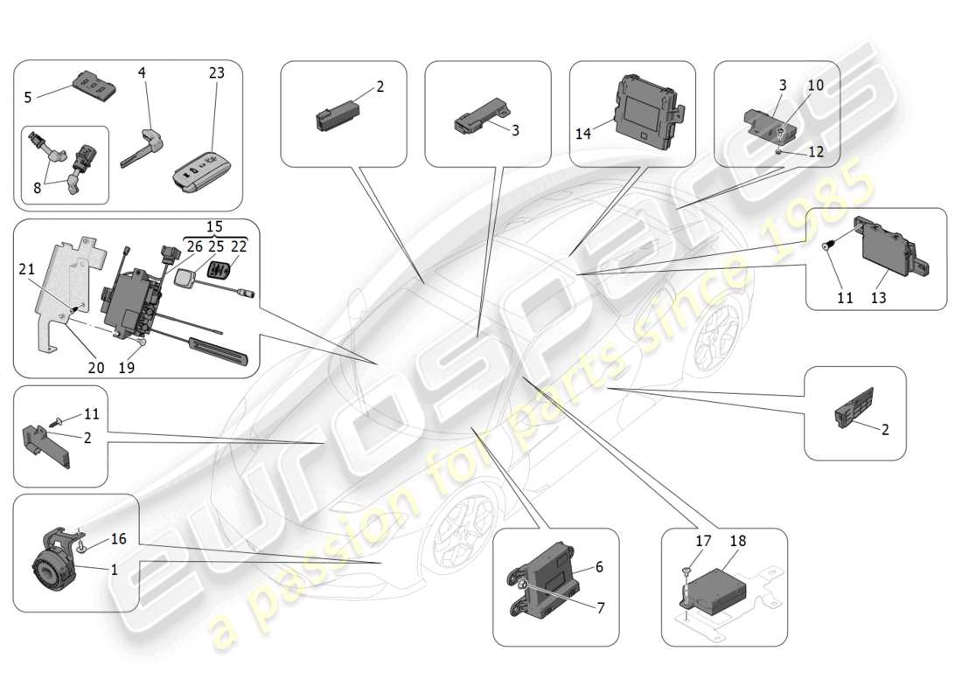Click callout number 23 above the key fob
coord(216,73)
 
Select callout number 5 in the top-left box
coord(28,97)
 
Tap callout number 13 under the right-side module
coord(878,298)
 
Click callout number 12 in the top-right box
coord(815,151)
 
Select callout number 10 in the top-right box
coord(815,86)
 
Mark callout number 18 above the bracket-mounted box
coord(737,542)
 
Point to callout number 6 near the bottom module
coord(599,567)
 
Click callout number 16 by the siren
coord(117,539)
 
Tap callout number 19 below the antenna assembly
coord(126,368)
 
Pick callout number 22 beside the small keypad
coord(239,246)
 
